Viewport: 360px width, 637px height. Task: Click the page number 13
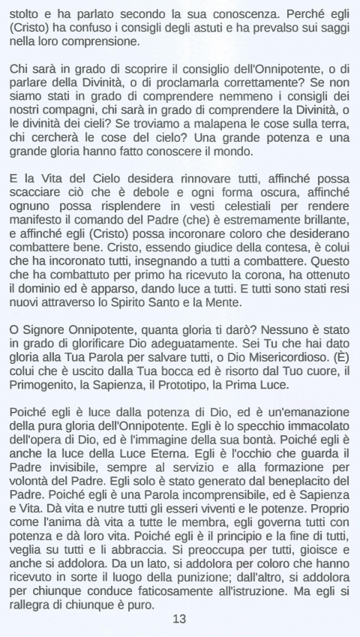[x=179, y=620]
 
